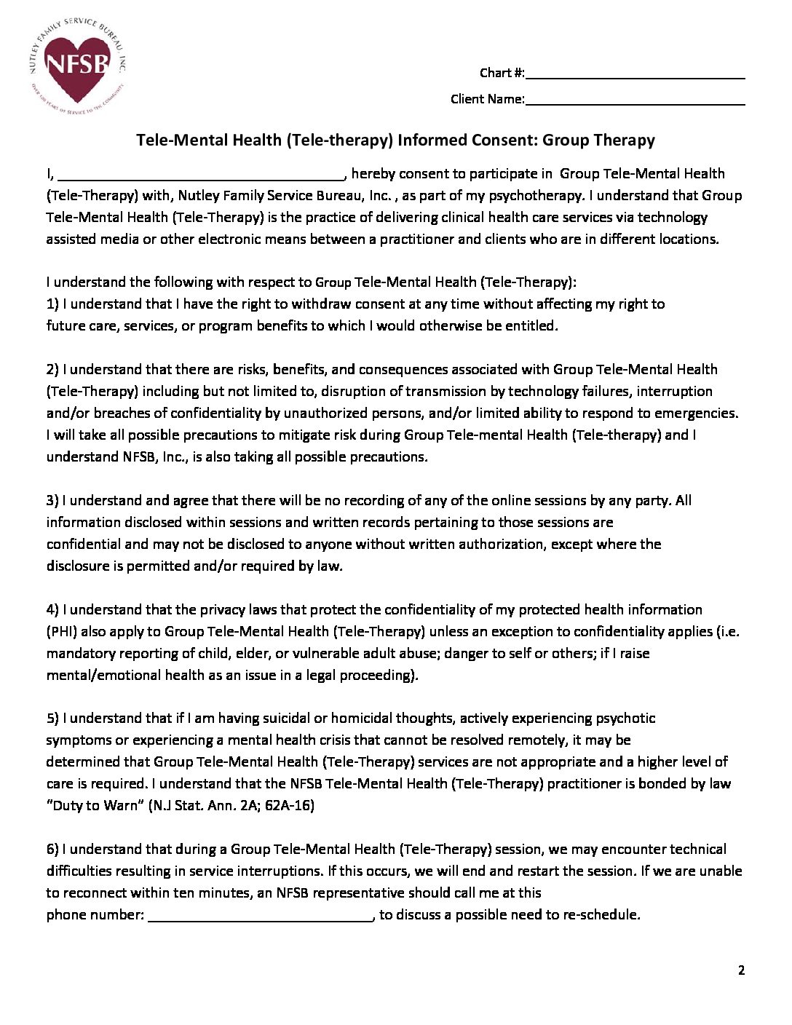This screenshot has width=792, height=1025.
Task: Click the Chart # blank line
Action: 634,74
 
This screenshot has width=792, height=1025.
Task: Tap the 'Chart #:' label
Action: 502,73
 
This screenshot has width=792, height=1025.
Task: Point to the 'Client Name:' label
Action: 487,99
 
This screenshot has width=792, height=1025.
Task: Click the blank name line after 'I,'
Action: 200,175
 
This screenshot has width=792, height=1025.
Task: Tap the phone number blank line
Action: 261,916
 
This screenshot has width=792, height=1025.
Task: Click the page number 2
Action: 741,970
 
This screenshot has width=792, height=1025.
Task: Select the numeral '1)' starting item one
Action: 52,304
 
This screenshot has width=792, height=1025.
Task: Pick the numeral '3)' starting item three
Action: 52,500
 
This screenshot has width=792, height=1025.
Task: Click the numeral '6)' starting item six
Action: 52,849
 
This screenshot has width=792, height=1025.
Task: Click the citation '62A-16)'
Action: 290,805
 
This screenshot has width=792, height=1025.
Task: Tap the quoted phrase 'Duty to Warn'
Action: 95,805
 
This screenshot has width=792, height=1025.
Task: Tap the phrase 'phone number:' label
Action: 95,914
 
